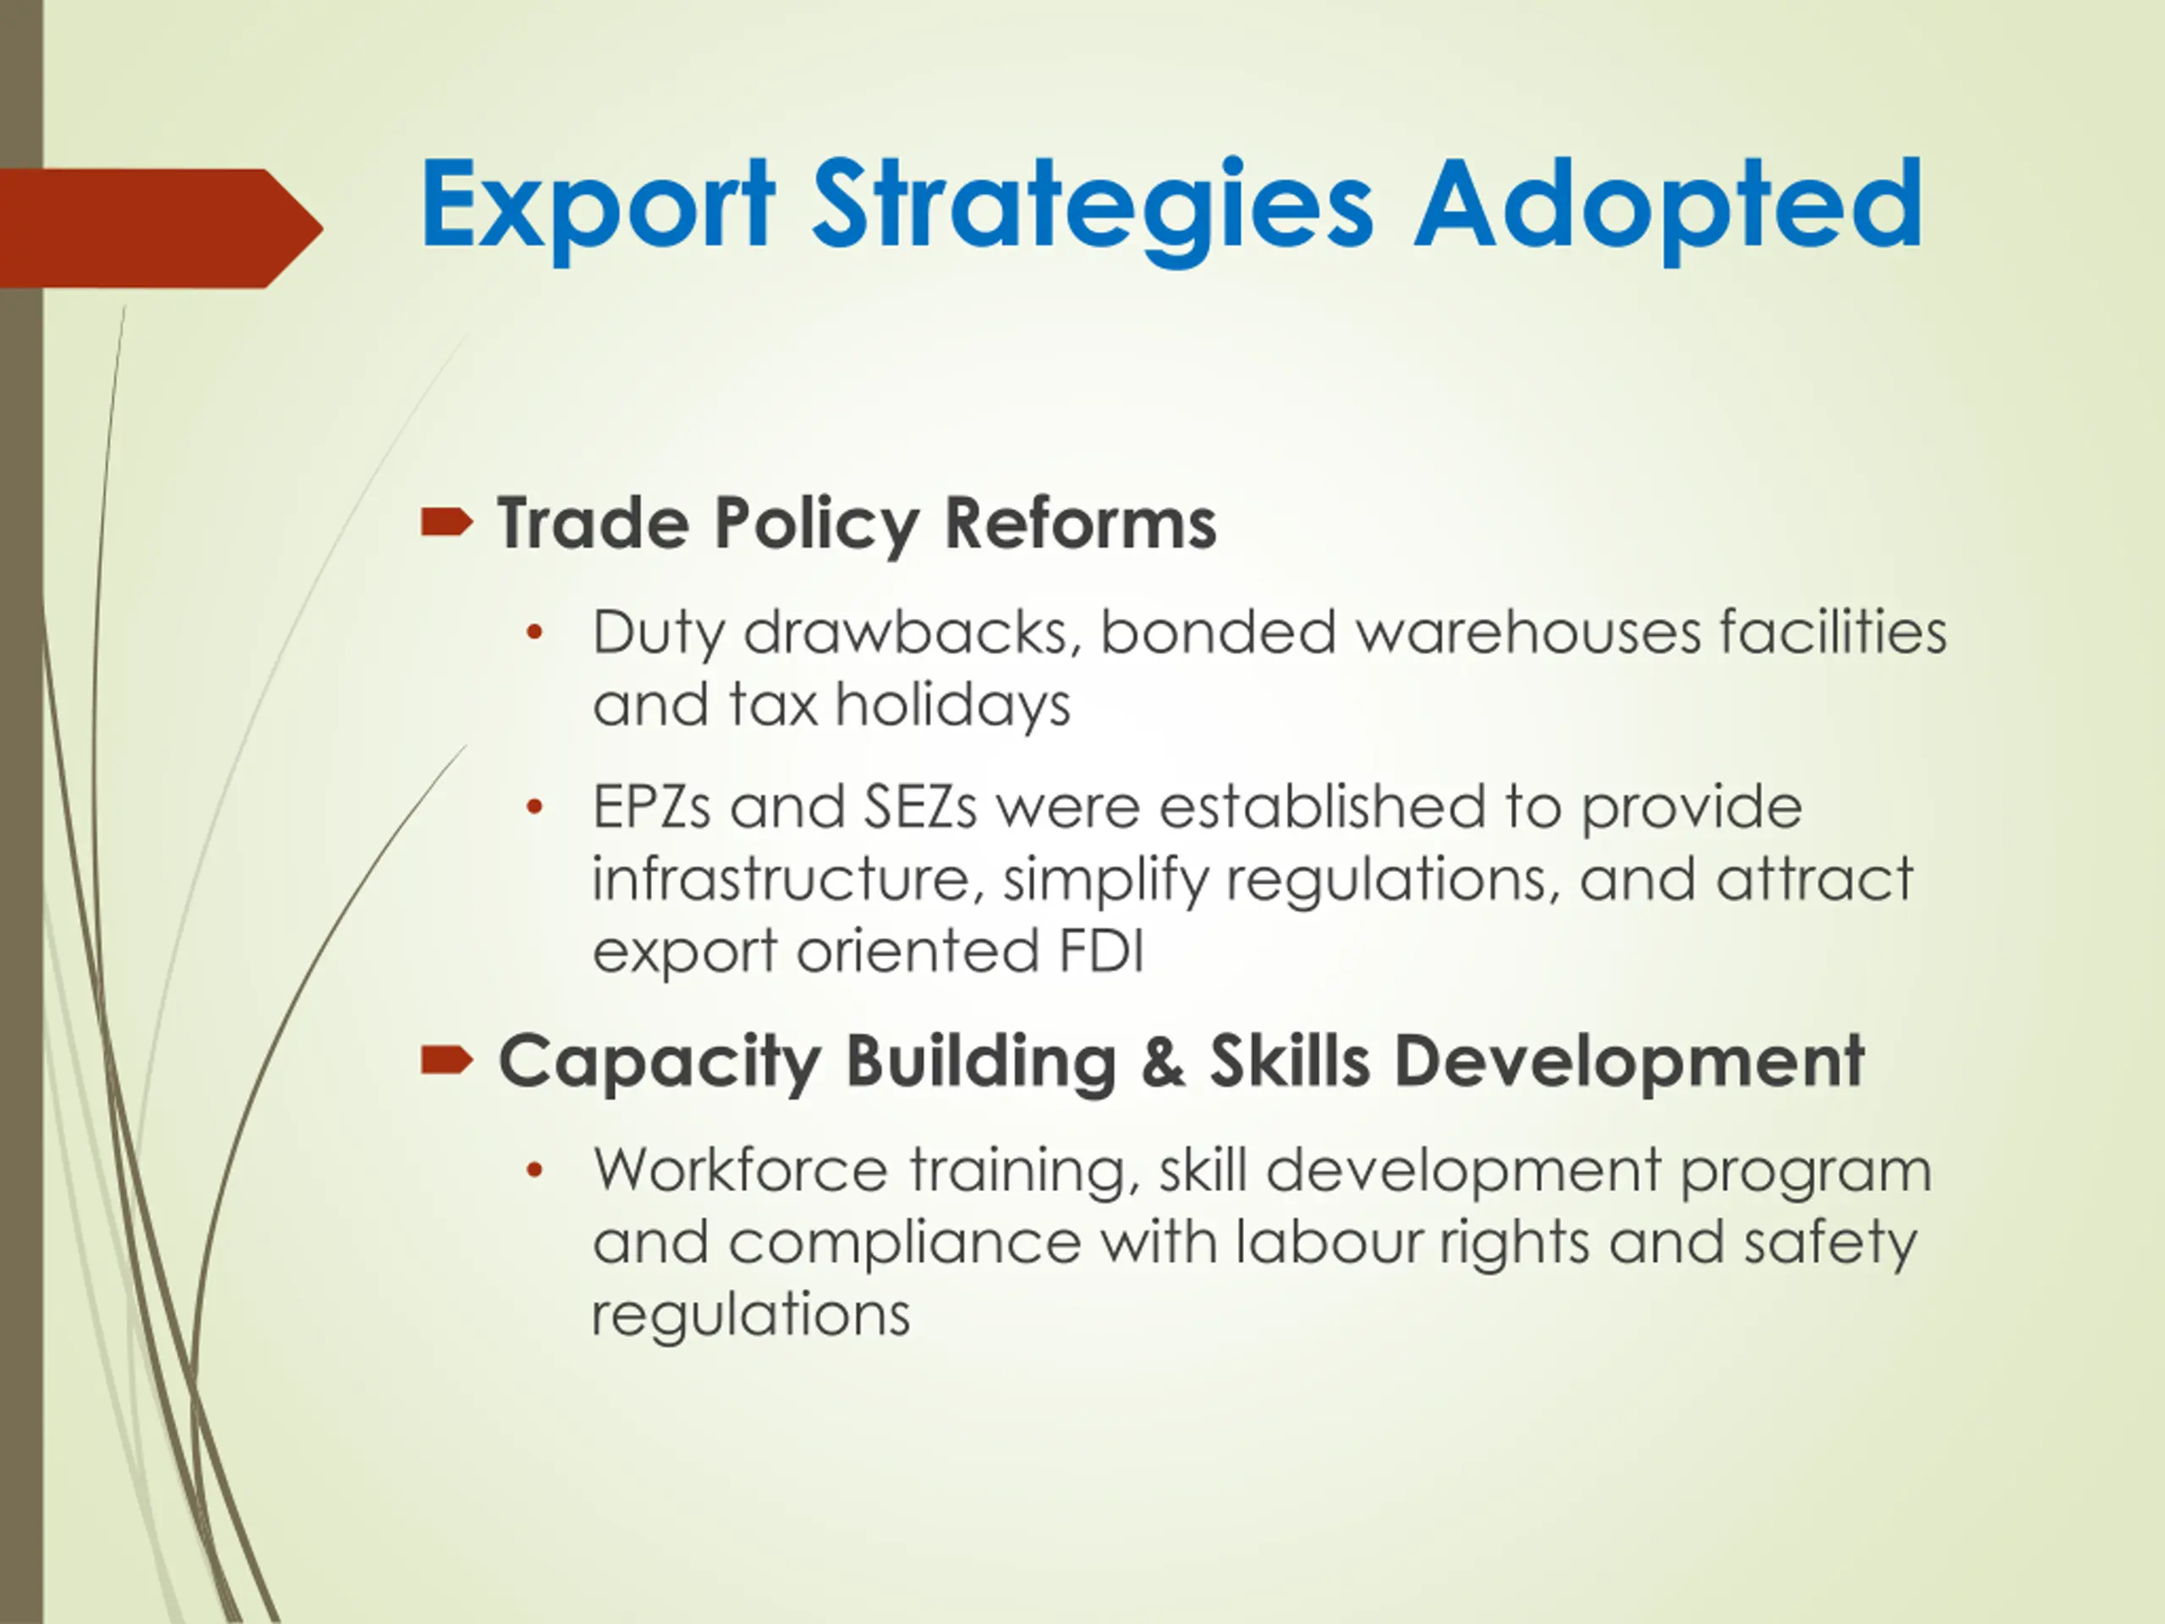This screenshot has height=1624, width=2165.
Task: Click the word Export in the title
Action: (x=598, y=207)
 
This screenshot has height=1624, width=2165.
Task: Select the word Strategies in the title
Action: (x=1093, y=207)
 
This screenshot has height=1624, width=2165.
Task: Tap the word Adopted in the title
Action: (x=1669, y=207)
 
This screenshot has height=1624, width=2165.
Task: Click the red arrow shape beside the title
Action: (x=162, y=228)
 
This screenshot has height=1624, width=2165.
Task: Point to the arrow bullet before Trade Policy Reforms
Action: (x=447, y=523)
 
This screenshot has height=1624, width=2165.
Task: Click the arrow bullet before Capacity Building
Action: (x=447, y=1060)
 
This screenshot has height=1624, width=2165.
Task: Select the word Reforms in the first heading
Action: (x=1081, y=523)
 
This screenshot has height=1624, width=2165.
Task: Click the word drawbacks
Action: (x=913, y=633)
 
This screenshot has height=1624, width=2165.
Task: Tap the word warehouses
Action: (x=1529, y=633)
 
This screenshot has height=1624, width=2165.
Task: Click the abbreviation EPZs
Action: (x=651, y=808)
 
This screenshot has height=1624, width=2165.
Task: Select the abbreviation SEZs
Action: (x=920, y=808)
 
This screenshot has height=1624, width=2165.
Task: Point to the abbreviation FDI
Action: (x=1101, y=952)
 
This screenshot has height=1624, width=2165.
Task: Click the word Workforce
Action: (x=741, y=1171)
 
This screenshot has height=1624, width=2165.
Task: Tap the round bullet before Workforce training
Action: (x=534, y=1170)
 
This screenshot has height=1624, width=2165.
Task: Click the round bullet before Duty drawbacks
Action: (x=534, y=633)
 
